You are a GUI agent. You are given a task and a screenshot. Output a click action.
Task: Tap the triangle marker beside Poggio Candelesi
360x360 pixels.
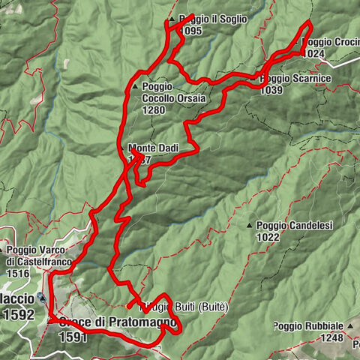point(250,225)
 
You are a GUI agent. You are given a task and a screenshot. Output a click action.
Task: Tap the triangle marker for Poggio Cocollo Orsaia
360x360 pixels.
point(134,87)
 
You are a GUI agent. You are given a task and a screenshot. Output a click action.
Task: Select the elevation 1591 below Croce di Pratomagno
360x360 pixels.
point(73,337)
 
